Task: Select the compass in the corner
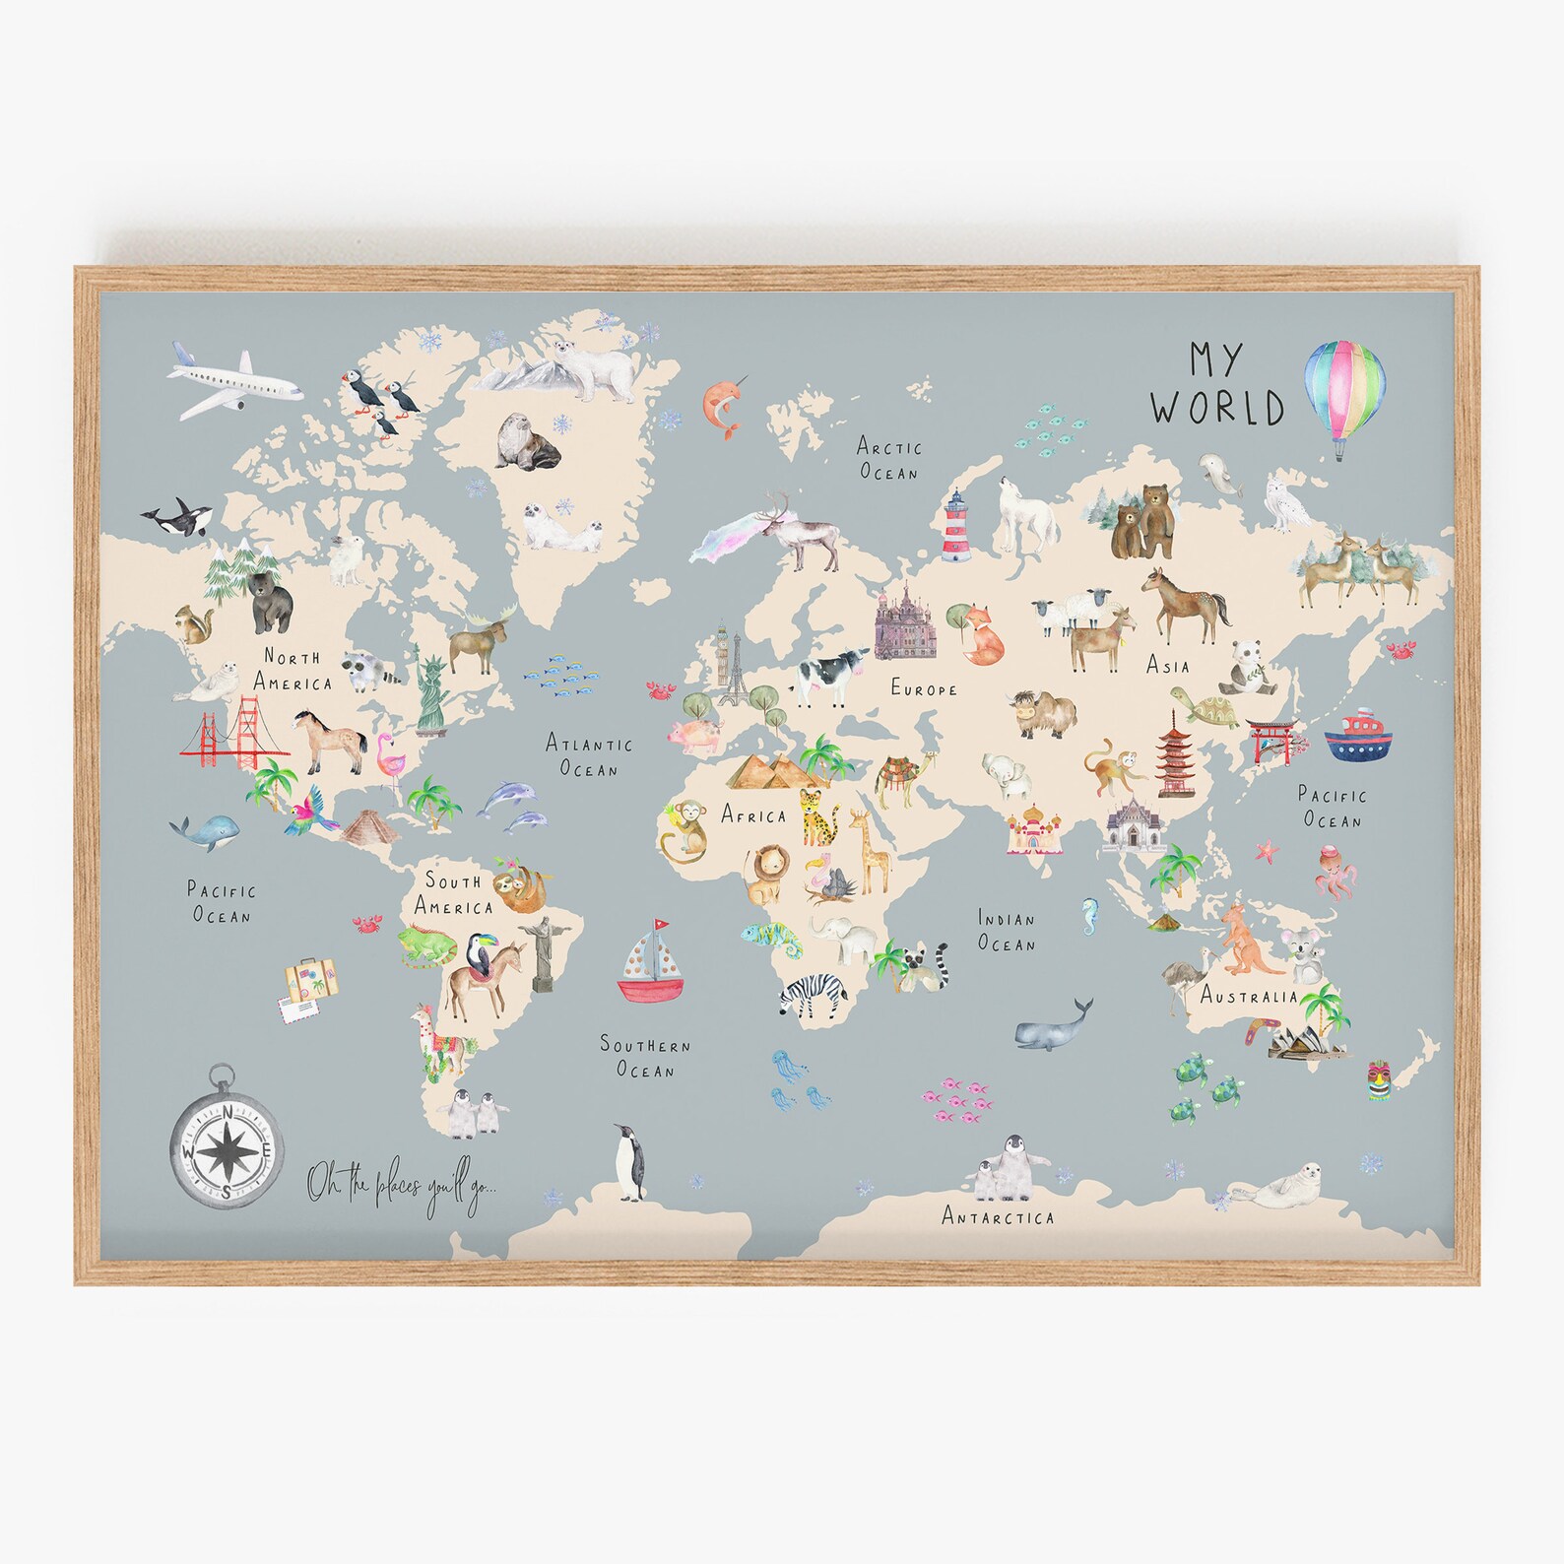pos(228,1142)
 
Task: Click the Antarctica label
pos(998,1217)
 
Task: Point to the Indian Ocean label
pos(1007,931)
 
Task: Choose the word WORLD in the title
pos(1218,407)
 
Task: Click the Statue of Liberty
pos(430,690)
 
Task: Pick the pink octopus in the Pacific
pos(1336,871)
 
